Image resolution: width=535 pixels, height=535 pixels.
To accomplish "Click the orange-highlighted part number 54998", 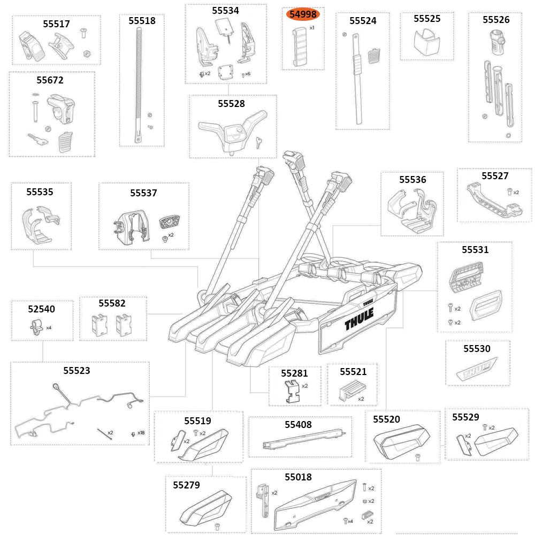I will click(x=303, y=14).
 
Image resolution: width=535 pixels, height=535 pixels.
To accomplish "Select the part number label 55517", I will click(x=56, y=24).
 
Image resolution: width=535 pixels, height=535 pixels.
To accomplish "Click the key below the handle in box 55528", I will click(x=259, y=142).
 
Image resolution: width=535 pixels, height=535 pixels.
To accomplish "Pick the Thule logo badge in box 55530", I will click(x=478, y=371).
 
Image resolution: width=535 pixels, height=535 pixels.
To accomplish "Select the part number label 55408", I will click(x=298, y=424).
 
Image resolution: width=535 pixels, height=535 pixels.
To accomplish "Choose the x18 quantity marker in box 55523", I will click(x=141, y=433).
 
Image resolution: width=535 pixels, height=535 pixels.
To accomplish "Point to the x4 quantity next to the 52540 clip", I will click(x=49, y=327).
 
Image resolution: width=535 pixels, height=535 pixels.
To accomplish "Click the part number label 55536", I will click(x=412, y=180).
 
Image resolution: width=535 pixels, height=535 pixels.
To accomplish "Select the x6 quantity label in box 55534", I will click(x=247, y=73).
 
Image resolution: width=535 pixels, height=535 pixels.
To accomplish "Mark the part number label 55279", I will click(x=186, y=485).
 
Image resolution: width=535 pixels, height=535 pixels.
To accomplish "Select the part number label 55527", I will click(x=495, y=175).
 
